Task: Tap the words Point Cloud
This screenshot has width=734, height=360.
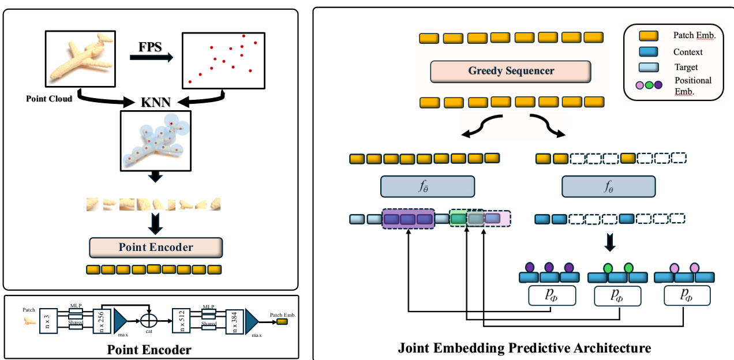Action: (x=49, y=99)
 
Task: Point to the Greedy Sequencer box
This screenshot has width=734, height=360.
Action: (x=511, y=71)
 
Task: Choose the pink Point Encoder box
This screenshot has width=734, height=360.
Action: (x=156, y=247)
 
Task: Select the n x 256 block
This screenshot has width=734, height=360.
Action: (x=101, y=319)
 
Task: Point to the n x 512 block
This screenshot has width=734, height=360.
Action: (x=180, y=319)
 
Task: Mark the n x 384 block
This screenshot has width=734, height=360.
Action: (x=234, y=319)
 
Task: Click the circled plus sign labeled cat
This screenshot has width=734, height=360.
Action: (x=148, y=319)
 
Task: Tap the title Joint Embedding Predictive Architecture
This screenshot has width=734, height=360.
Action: (x=524, y=348)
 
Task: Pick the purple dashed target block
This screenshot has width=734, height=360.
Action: (x=407, y=219)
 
